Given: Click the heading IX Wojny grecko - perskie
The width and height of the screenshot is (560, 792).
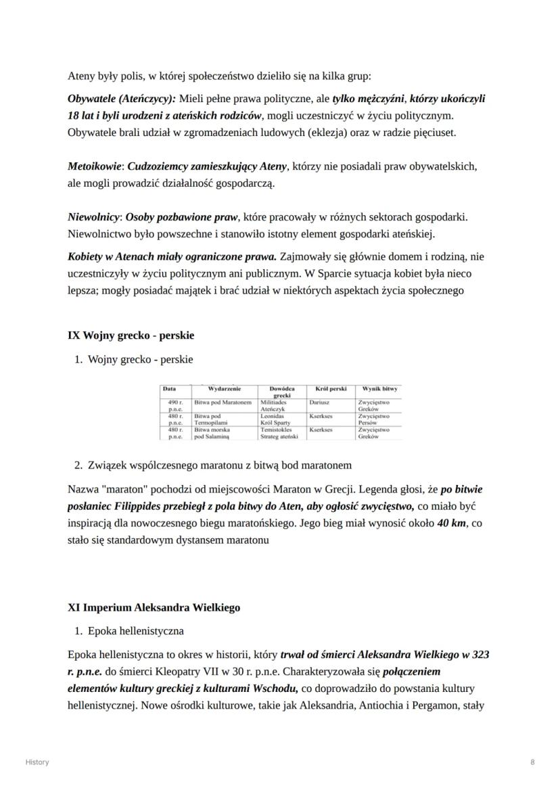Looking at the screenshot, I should pos(131,335).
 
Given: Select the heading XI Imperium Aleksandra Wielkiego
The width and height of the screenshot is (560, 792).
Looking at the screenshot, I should pos(154,607).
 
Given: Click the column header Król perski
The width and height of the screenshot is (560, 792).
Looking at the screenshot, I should pos(330,390).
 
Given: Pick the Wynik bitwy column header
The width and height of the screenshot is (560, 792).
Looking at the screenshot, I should pos(379,390).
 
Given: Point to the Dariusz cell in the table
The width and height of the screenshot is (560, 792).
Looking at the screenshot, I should pos(319,402).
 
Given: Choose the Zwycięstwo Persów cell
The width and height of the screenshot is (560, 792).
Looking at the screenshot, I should pos(373,419).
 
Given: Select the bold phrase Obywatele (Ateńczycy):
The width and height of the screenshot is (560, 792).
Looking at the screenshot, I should pos(122,99).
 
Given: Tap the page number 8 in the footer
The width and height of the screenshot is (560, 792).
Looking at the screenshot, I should pos(532,762).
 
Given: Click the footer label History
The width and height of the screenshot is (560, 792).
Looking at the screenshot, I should pos(37,762).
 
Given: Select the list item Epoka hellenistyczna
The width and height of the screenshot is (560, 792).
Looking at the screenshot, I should pos(135,631).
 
